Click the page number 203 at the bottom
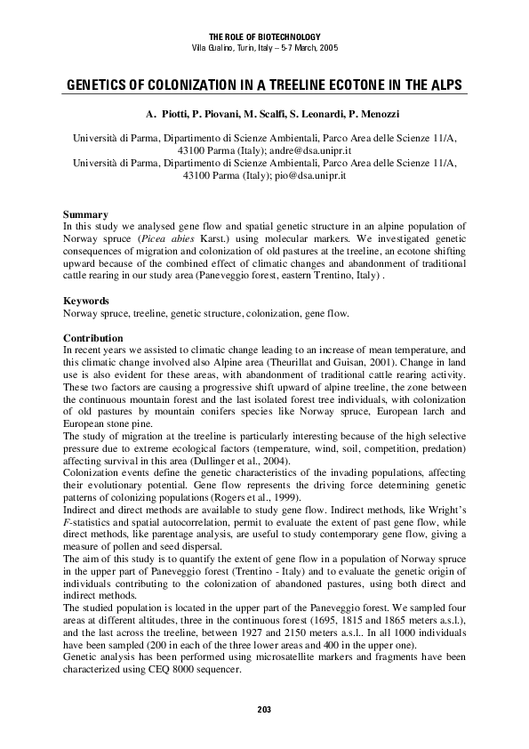(263, 709)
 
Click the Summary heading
(85, 215)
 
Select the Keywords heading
(87, 302)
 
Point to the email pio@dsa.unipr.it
(309, 176)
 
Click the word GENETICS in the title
(99, 86)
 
